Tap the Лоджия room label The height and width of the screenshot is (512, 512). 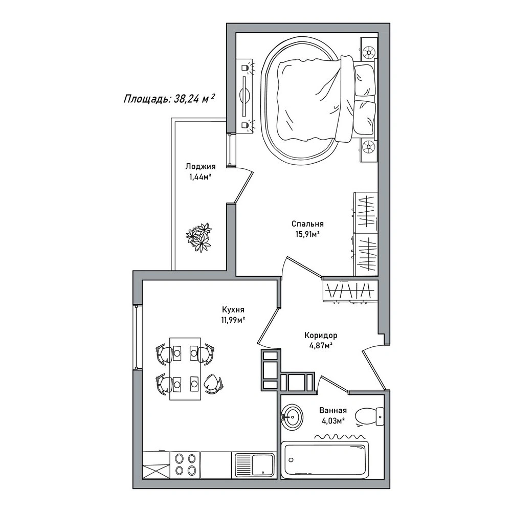(201, 167)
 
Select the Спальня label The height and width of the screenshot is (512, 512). (307, 224)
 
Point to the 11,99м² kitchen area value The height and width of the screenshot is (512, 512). (233, 320)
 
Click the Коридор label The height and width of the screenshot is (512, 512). (321, 336)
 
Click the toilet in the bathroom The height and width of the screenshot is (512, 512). (369, 416)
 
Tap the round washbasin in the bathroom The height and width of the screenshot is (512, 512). (292, 418)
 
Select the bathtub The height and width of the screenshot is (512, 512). (325, 460)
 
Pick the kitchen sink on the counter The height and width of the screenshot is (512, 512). (254, 464)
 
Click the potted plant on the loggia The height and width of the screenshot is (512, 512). (198, 237)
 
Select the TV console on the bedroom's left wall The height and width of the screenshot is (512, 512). (244, 96)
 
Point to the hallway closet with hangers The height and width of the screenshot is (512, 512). (350, 291)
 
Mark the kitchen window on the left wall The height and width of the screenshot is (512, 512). (137, 337)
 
